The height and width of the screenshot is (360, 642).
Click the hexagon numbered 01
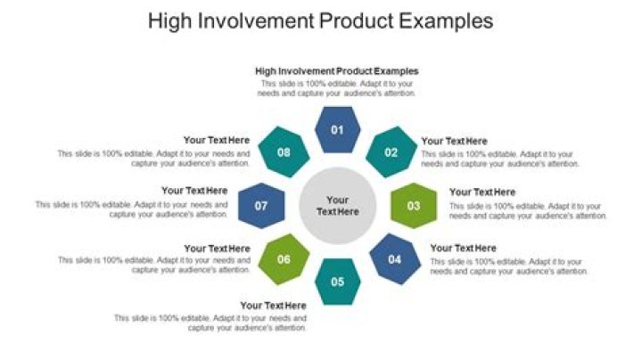(338, 130)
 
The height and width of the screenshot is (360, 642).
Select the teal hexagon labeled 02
(391, 152)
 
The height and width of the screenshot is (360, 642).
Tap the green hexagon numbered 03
(414, 206)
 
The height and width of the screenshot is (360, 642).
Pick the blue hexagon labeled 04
(393, 259)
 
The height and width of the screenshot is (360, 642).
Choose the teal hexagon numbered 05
(338, 282)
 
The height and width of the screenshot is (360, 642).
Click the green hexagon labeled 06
(284, 259)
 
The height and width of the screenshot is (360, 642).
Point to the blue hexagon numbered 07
(261, 206)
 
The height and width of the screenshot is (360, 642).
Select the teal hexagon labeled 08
(284, 152)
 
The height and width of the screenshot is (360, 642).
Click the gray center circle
(337, 206)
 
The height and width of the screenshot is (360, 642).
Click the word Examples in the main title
(445, 21)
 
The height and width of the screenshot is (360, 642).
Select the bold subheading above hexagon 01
(337, 70)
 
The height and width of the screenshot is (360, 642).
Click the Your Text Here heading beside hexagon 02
(454, 141)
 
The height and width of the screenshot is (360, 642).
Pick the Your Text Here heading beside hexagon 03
(481, 192)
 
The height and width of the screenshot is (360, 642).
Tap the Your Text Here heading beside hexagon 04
(463, 248)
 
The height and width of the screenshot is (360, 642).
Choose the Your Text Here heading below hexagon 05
(273, 306)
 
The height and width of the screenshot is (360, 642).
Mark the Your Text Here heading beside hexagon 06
(217, 248)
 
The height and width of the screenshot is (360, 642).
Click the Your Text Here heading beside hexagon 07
(194, 191)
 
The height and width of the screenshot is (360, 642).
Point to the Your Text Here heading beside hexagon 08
(217, 141)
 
